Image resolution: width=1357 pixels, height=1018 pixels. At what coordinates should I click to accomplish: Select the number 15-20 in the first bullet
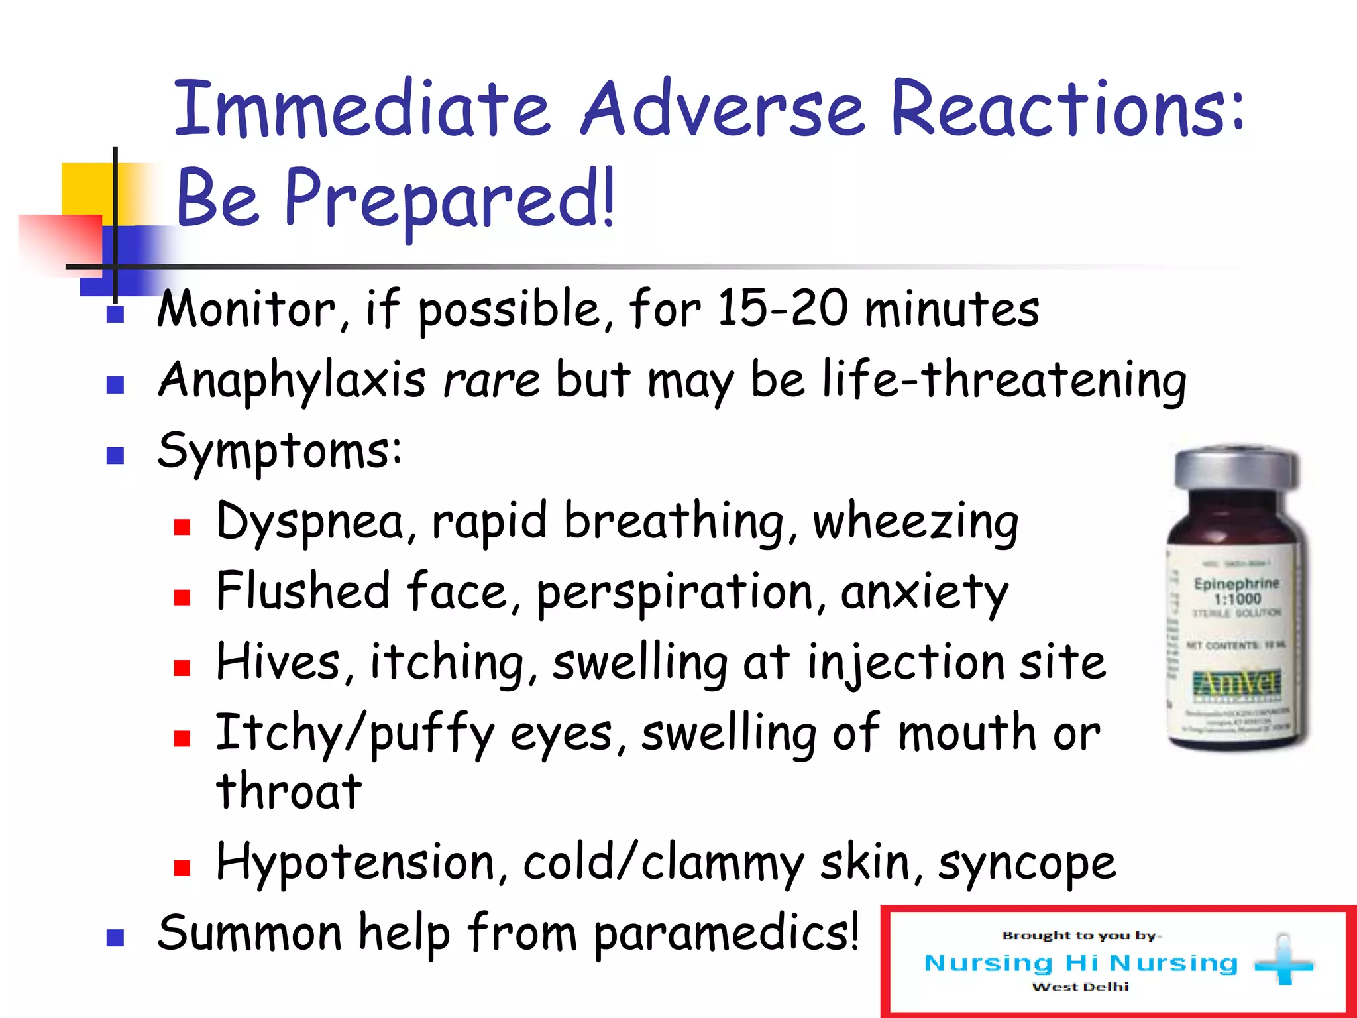(782, 308)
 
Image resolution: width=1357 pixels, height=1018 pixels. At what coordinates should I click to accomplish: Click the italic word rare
(491, 381)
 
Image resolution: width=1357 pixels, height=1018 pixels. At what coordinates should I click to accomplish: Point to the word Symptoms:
(279, 451)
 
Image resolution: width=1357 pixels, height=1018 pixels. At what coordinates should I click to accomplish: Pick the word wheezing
(915, 522)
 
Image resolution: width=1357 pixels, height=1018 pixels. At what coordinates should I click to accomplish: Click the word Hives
(278, 662)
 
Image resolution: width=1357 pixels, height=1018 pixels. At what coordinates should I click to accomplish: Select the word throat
(289, 792)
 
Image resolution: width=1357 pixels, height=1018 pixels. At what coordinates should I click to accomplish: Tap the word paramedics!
(726, 933)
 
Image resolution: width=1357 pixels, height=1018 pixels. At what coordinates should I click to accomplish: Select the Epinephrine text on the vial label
(1236, 583)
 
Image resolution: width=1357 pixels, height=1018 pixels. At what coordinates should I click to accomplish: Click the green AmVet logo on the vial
(1236, 683)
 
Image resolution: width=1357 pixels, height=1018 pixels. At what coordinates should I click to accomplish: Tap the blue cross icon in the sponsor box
(1284, 964)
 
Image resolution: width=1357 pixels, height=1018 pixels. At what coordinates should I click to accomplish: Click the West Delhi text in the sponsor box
(1080, 987)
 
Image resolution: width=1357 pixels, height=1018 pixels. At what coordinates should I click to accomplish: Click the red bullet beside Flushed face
(182, 597)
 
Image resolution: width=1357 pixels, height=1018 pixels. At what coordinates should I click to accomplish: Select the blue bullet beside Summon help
(115, 938)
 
